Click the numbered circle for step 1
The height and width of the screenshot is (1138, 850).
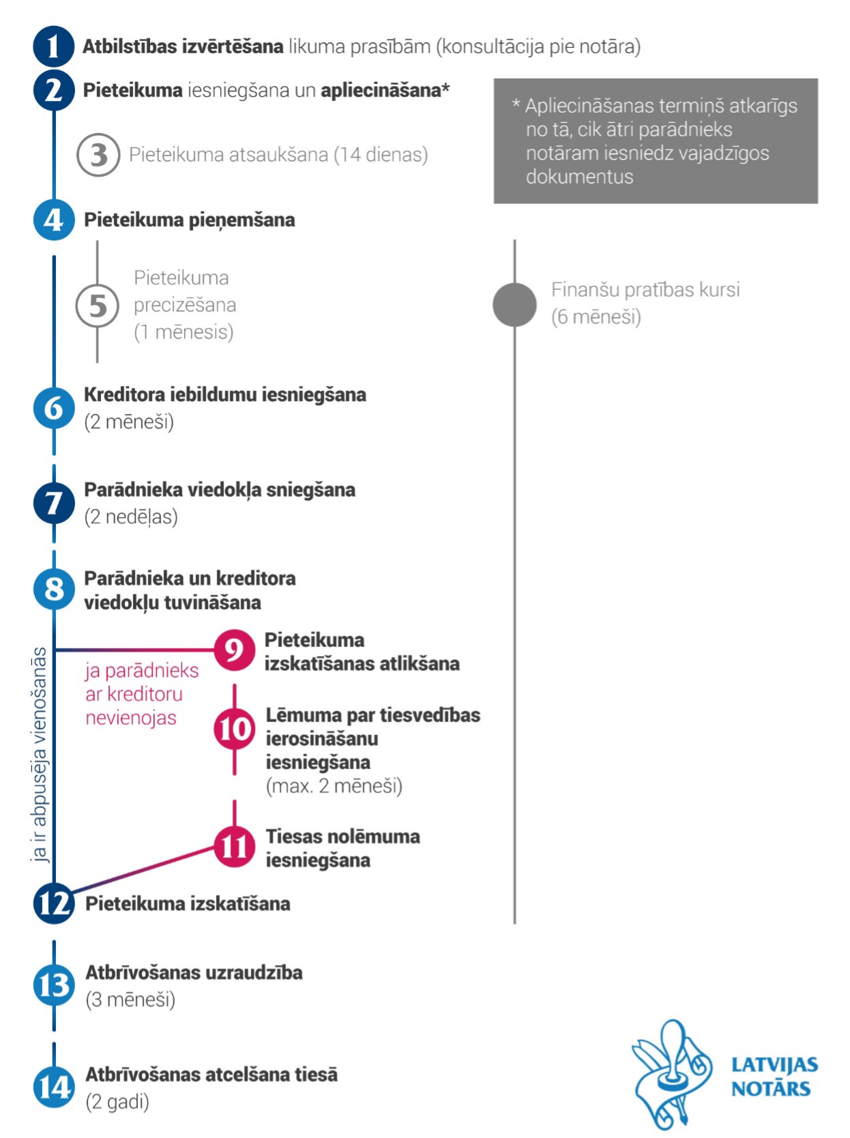pyautogui.click(x=54, y=46)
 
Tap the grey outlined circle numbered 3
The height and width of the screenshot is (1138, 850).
pyautogui.click(x=98, y=154)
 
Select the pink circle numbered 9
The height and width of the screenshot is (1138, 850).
pyautogui.click(x=234, y=650)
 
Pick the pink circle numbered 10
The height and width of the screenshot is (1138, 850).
pyautogui.click(x=234, y=729)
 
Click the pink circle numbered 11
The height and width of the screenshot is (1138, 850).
pyautogui.click(x=234, y=847)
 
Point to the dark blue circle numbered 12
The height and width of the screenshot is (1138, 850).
pyautogui.click(x=54, y=903)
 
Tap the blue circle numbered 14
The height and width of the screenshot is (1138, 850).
pyautogui.click(x=54, y=1087)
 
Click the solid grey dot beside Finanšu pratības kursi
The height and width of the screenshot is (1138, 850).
pyautogui.click(x=514, y=304)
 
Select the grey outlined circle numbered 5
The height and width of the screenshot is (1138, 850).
pyautogui.click(x=98, y=306)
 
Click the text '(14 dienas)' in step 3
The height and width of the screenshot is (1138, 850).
pyautogui.click(x=381, y=154)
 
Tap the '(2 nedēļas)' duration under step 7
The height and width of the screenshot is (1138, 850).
pyautogui.click(x=131, y=516)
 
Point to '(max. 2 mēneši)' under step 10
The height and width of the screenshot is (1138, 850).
pyautogui.click(x=334, y=786)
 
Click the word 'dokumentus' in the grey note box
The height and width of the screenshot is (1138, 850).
pyautogui.click(x=579, y=177)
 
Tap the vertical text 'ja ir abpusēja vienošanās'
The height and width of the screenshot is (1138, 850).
pyautogui.click(x=39, y=755)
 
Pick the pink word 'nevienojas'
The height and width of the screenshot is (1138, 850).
pyautogui.click(x=131, y=718)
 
